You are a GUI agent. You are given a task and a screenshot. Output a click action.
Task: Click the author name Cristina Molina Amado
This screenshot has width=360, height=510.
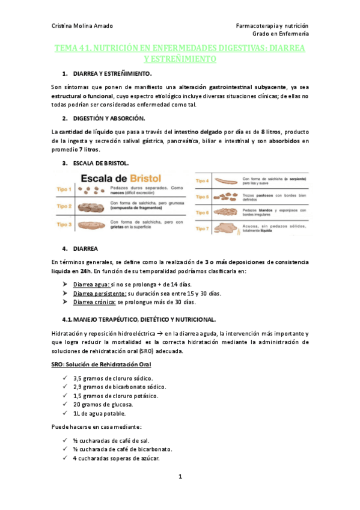pos(82,26)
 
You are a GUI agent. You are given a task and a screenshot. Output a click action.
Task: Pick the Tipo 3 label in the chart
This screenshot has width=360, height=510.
pos(64,224)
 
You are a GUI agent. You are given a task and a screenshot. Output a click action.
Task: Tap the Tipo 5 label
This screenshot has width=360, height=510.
pos(202,197)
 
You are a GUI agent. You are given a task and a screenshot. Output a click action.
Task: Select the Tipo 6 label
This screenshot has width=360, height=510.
pos(202,212)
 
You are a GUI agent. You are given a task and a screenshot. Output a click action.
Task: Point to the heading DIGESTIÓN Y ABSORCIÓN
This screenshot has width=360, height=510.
pos(108,118)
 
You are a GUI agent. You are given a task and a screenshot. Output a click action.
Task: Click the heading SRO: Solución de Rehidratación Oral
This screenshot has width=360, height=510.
pos(100,364)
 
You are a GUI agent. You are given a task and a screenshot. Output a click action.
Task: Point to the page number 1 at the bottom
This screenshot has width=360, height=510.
pos(180,477)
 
